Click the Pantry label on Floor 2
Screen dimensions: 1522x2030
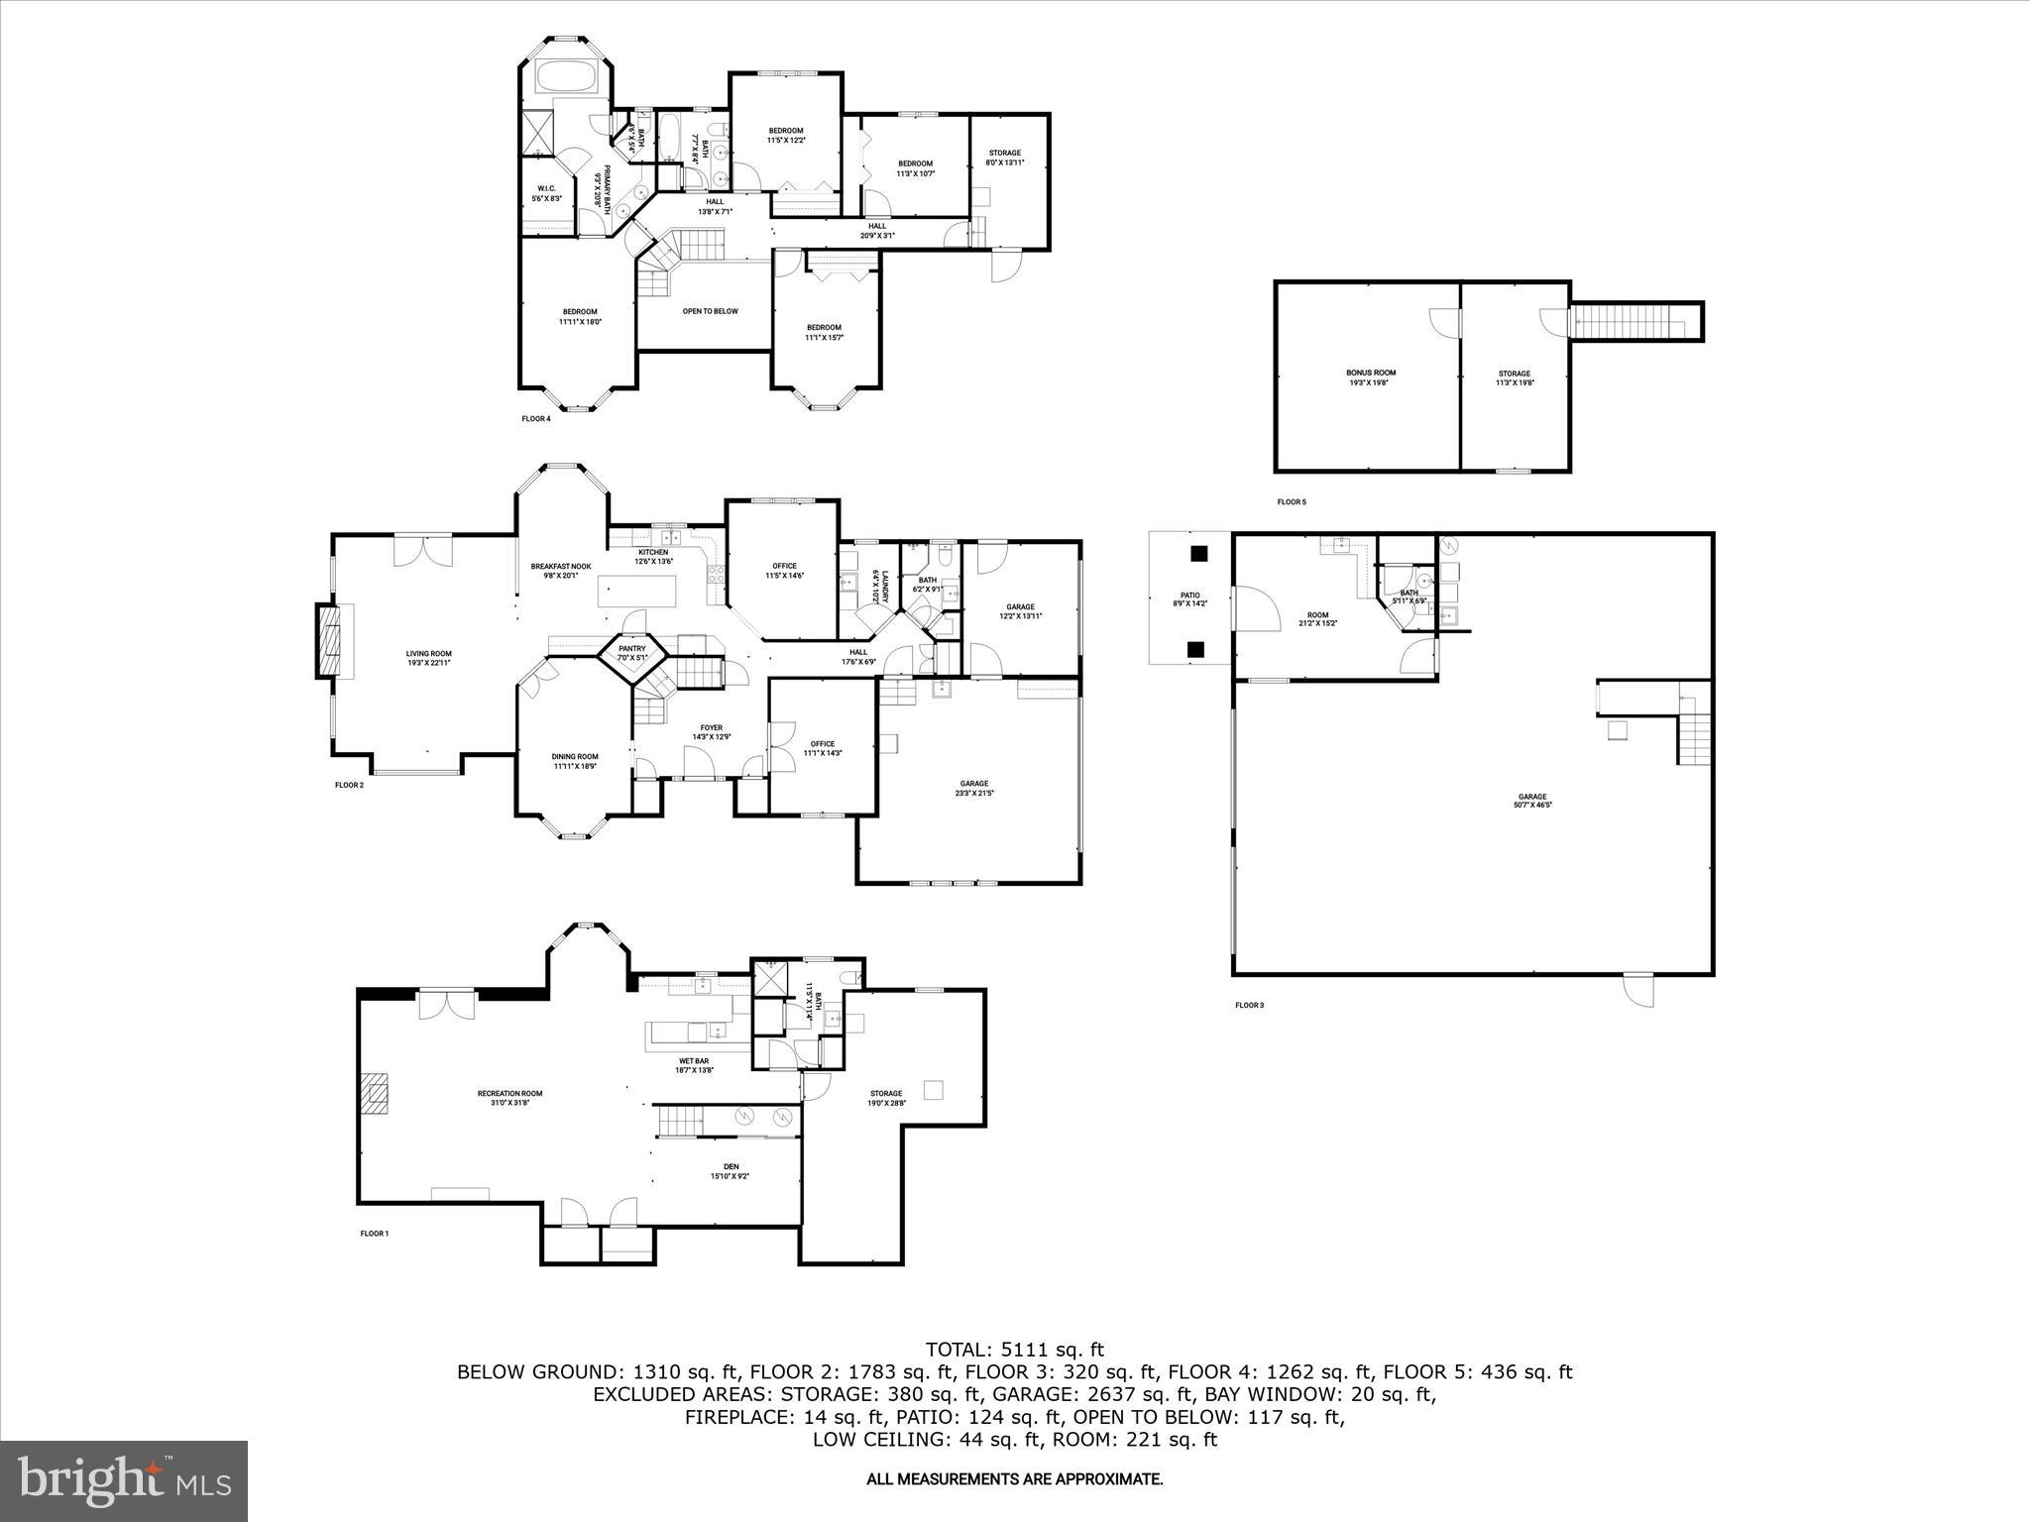[x=632, y=653]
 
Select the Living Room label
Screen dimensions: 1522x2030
[x=428, y=658]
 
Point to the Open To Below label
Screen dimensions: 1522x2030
[x=710, y=311]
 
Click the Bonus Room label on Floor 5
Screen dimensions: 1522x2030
[x=1370, y=377]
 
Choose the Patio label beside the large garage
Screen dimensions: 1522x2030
[x=1189, y=598]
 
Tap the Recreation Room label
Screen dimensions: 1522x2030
[x=509, y=1098]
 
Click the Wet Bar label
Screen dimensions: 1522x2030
[x=694, y=1065]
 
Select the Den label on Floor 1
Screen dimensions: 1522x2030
[x=731, y=1171]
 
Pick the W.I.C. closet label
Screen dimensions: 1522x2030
[x=546, y=193]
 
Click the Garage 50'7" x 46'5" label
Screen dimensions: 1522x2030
[x=1531, y=801]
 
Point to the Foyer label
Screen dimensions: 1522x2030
[x=711, y=732]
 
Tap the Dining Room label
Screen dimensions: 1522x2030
[x=575, y=761]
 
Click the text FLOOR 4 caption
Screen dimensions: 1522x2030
[x=535, y=419]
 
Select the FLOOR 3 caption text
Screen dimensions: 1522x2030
[x=1249, y=1006]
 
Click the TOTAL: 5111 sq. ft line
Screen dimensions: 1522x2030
[x=1014, y=1350]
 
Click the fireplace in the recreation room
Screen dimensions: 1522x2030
[x=375, y=1096]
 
